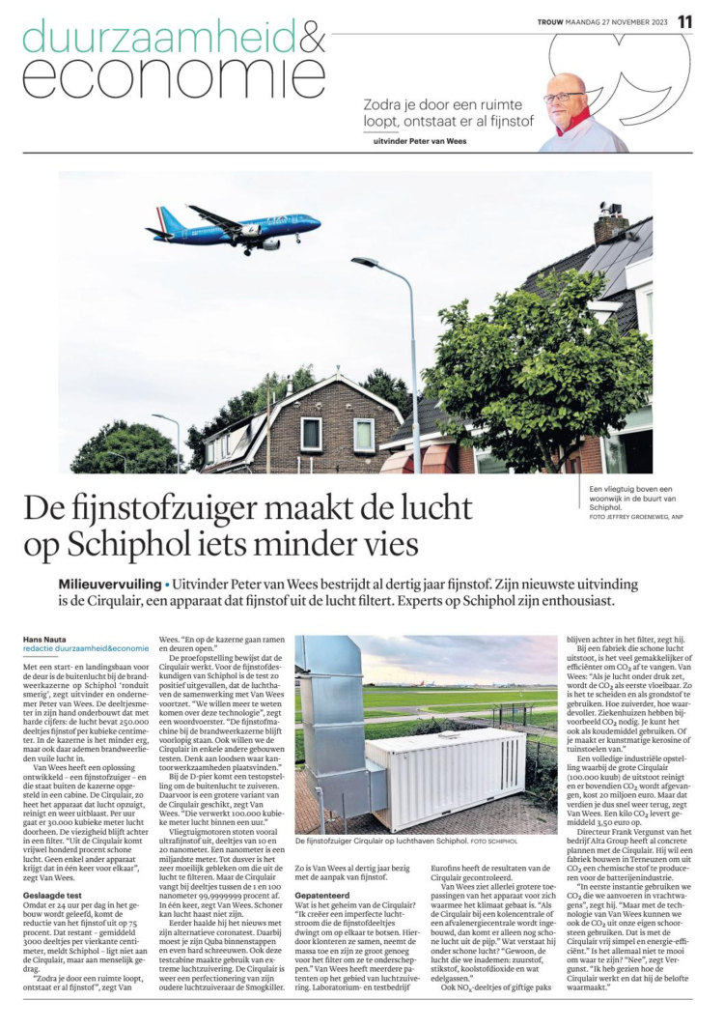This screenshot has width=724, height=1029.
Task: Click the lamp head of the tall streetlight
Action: click(x=365, y=262)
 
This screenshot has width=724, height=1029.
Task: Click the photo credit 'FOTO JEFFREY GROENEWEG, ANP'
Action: click(x=636, y=519)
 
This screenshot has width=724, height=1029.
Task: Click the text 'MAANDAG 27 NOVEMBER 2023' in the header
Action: click(x=618, y=22)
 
